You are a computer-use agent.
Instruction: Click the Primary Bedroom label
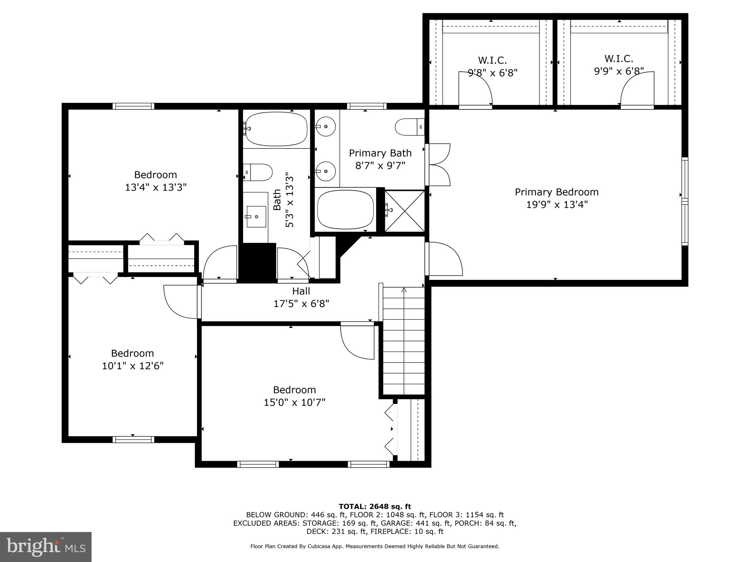click(x=556, y=192)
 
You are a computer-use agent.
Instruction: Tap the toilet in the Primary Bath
click(x=409, y=127)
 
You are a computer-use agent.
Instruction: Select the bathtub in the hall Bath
click(x=276, y=129)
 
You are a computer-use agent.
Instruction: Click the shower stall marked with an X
click(x=405, y=211)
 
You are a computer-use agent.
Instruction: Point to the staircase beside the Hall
click(x=404, y=340)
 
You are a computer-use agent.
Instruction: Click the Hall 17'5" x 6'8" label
click(x=301, y=297)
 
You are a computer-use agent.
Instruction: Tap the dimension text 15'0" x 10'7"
click(x=294, y=402)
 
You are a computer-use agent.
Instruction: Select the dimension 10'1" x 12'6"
click(x=133, y=366)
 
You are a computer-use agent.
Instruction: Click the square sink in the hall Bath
click(x=256, y=216)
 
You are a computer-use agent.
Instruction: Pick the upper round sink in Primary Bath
click(x=326, y=126)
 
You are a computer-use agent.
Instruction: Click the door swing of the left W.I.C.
click(x=475, y=89)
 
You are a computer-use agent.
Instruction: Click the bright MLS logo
click(x=46, y=547)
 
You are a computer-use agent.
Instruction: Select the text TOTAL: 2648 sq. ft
click(x=375, y=506)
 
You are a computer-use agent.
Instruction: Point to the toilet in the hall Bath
click(x=258, y=172)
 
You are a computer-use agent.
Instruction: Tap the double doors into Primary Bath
click(x=438, y=165)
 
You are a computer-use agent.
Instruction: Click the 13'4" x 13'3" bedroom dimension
click(x=156, y=187)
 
